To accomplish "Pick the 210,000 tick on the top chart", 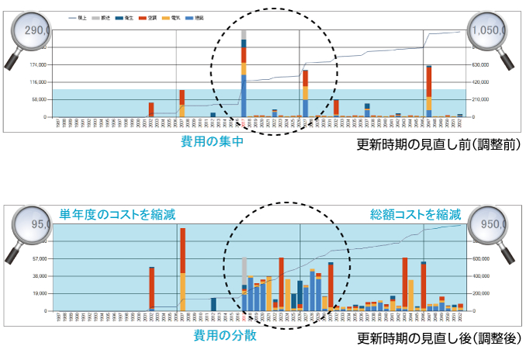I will [479, 99].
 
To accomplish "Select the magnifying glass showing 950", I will [490, 225].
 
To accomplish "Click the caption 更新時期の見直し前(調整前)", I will [438, 145].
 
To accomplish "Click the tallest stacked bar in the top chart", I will [244, 74].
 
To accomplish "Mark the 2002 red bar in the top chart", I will [151, 109].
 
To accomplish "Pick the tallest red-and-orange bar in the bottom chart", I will [182, 268].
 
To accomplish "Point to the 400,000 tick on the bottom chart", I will [479, 276].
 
